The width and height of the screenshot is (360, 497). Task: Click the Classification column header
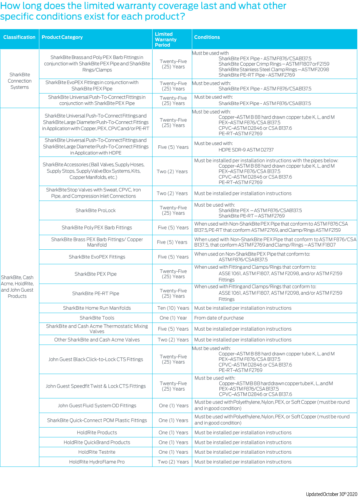click(19, 37)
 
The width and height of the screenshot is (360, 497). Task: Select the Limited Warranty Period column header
click(166, 39)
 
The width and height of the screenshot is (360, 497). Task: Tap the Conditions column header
click(207, 37)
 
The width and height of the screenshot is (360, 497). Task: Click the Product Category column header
click(62, 37)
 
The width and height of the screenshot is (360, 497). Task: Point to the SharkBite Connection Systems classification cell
click(20, 81)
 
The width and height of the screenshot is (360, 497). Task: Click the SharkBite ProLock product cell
click(96, 210)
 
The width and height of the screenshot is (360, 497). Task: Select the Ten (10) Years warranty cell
click(173, 308)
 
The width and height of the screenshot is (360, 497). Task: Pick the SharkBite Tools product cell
click(97, 318)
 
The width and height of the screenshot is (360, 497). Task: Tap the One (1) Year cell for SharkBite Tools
click(173, 318)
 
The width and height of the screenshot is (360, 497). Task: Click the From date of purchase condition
click(219, 318)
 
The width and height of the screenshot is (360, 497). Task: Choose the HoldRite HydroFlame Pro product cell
click(97, 462)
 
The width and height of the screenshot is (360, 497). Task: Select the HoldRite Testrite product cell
click(97, 452)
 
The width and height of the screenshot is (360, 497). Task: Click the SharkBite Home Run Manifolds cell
click(97, 308)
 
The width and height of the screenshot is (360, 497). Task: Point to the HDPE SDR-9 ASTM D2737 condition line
click(246, 150)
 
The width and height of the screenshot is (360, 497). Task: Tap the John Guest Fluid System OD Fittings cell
click(97, 406)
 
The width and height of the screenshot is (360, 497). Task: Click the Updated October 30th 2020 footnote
click(331, 494)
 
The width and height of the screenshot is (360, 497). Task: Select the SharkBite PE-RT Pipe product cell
click(96, 293)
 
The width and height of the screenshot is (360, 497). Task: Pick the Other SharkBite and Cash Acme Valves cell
click(97, 340)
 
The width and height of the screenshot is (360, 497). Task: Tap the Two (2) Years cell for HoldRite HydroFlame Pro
click(173, 462)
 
